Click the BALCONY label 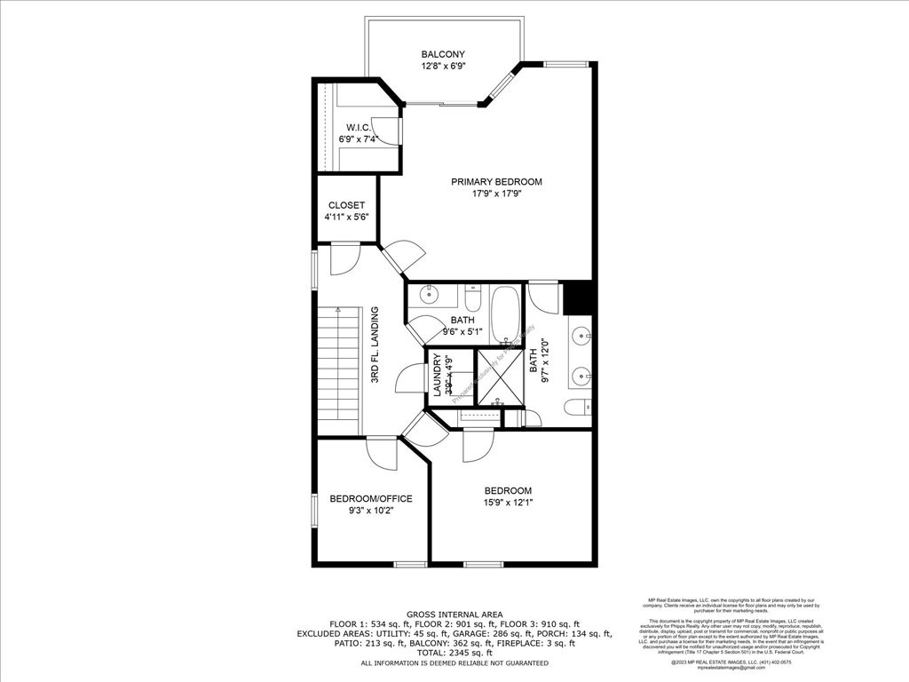pyautogui.click(x=443, y=54)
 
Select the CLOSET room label pyautogui.click(x=346, y=205)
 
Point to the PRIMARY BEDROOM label pyautogui.click(x=496, y=182)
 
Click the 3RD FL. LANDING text pyautogui.click(x=375, y=345)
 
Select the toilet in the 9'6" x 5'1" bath pyautogui.click(x=472, y=296)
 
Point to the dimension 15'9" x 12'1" pyautogui.click(x=508, y=504)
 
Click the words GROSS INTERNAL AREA pyautogui.click(x=454, y=615)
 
